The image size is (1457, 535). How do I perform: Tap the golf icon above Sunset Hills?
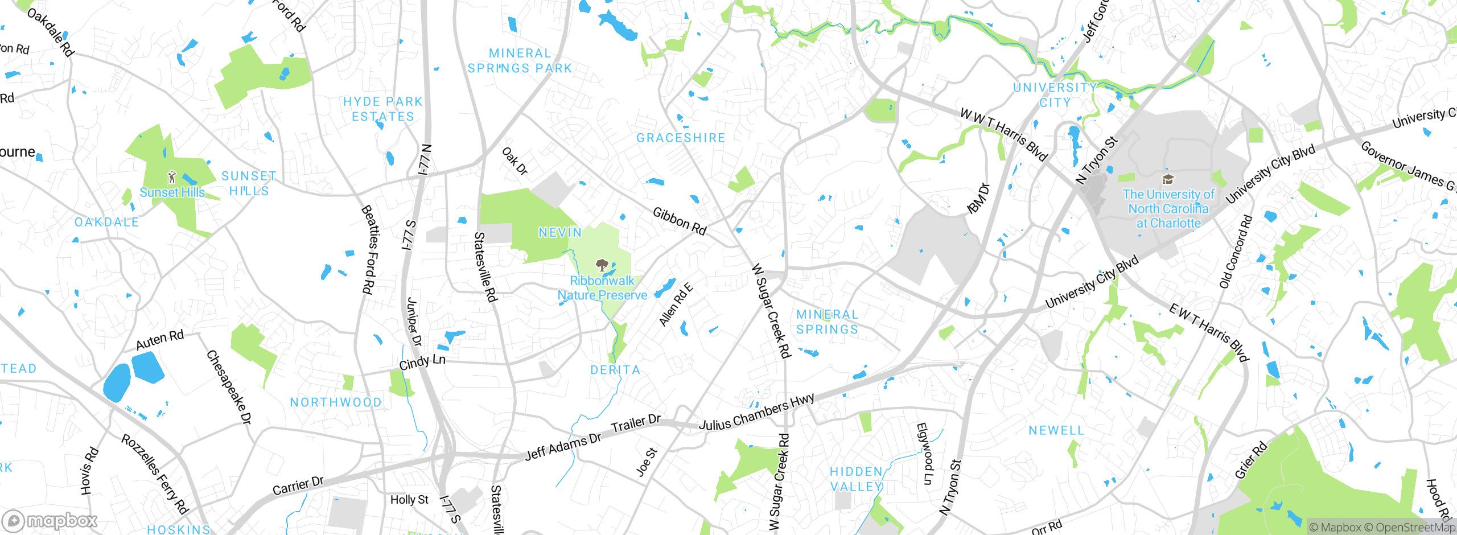point(172,177)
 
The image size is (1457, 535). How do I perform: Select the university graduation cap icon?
point(1168,180)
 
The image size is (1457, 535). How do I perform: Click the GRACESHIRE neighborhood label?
point(681,138)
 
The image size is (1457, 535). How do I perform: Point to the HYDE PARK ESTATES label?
point(383,109)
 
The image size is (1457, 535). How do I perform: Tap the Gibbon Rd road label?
point(679,221)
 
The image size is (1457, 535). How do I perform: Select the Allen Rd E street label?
point(676,304)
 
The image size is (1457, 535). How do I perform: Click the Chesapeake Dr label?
point(229,387)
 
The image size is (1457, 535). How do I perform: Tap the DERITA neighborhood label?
point(615,370)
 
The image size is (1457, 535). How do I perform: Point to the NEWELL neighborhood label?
point(1056,431)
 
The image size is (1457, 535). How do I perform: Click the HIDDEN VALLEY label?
point(856,479)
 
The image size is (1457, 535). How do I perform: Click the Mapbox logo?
point(50,520)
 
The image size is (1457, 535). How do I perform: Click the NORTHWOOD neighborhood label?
point(336,402)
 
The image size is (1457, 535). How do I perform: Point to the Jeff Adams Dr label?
point(563,447)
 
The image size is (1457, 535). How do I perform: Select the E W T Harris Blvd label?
point(1208,333)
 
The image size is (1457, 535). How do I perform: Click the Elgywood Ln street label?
point(925,454)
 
